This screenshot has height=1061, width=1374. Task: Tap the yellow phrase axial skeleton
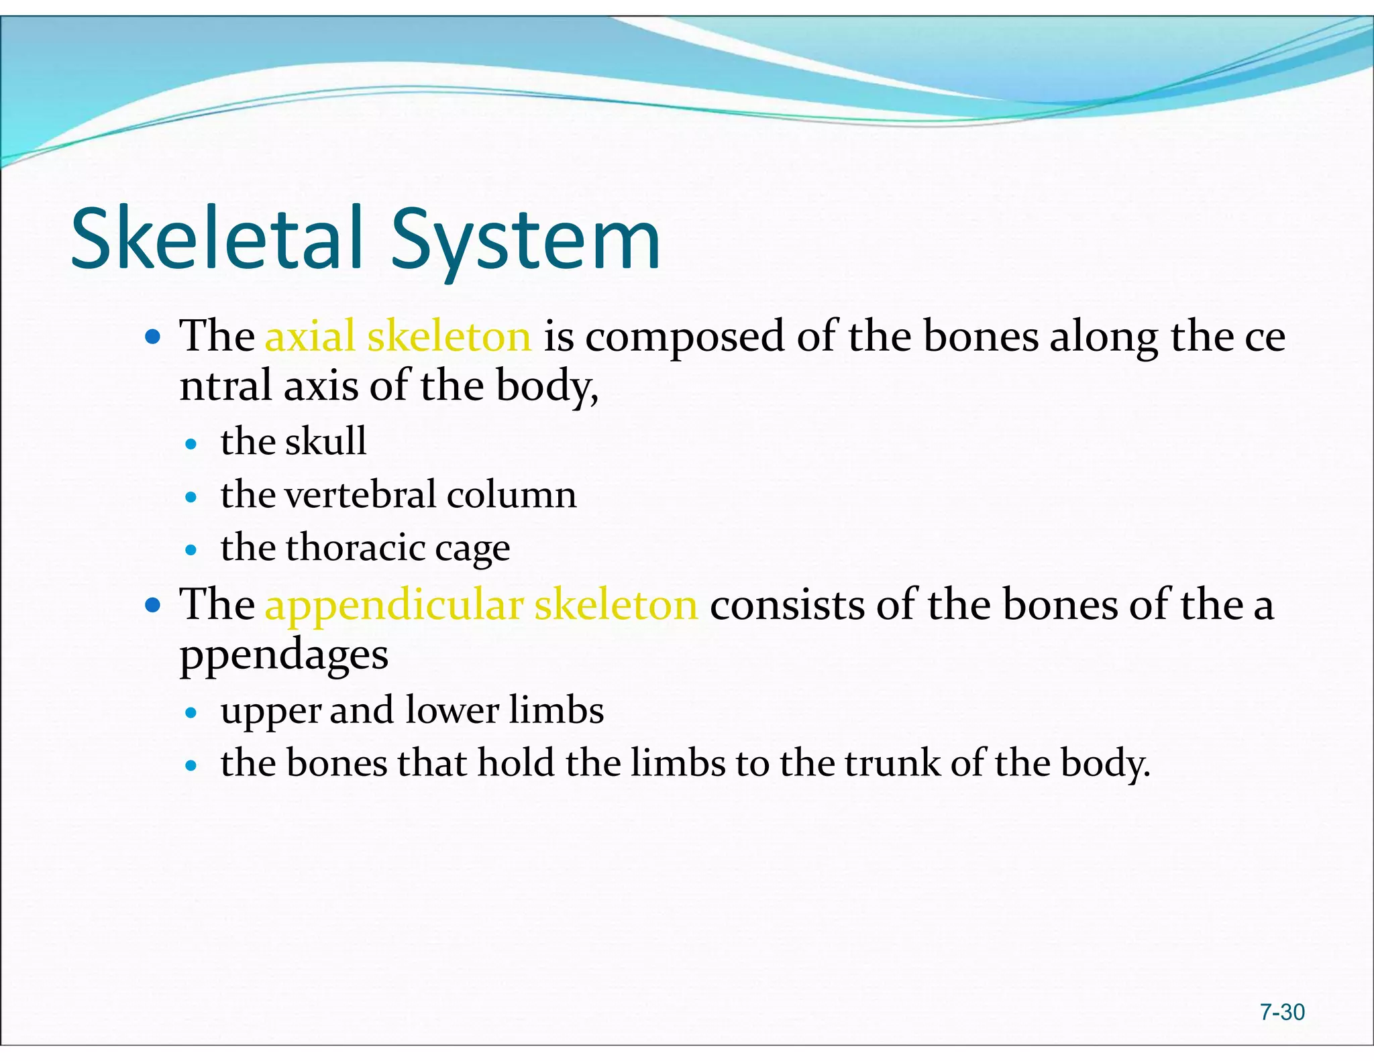[x=398, y=336]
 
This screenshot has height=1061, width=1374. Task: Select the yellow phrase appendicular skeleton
[x=481, y=605]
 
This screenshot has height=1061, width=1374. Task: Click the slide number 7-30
[x=1281, y=1011]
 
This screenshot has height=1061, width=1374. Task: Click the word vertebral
[x=361, y=495]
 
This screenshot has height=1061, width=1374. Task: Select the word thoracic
[x=356, y=547]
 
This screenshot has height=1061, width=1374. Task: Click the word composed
[x=684, y=337]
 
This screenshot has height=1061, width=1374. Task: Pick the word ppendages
[x=284, y=656]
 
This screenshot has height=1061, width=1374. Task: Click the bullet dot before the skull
[x=191, y=444]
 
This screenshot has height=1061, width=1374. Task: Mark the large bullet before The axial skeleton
[x=153, y=337]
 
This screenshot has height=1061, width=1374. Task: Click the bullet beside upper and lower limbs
[x=191, y=712]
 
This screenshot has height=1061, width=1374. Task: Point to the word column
[x=511, y=495]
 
